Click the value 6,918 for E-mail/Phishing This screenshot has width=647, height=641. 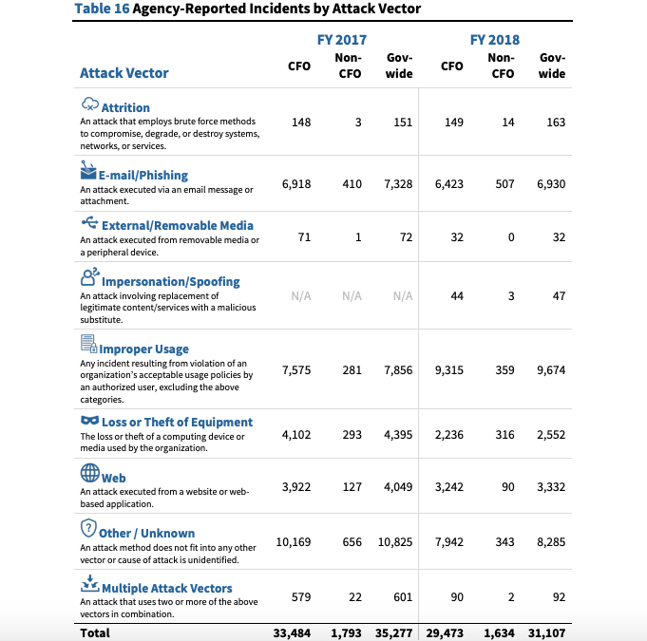pos(296,183)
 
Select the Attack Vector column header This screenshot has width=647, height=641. pos(124,73)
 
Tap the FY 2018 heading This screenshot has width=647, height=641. pos(494,40)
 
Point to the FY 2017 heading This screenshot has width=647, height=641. pos(341,40)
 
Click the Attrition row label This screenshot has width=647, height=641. pos(125,108)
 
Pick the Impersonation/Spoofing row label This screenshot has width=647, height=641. pos(171,282)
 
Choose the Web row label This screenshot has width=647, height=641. pos(114,478)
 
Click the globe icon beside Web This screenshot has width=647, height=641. pos(90,474)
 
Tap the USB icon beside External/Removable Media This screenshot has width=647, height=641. pos(89,223)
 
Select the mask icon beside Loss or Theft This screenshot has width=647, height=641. pos(89,421)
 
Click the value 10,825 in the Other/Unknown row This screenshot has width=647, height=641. pos(394,541)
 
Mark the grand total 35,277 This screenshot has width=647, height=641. pos(394,632)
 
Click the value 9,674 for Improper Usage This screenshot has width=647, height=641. pos(550,370)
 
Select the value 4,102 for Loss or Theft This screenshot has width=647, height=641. pos(296,434)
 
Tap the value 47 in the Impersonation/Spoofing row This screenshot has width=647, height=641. pos(559,295)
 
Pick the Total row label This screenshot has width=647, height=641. pos(95,632)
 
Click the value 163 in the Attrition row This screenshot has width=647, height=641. pos(556,122)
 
